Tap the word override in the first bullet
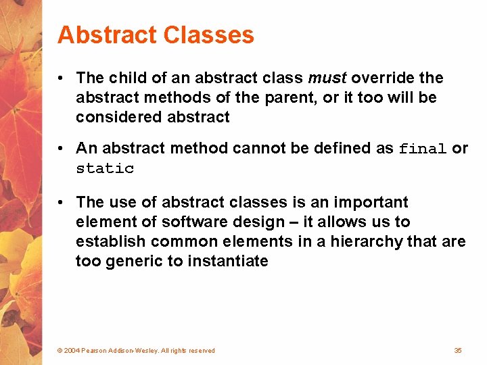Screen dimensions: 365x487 coord(386,78)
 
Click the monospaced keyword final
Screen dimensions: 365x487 coord(423,149)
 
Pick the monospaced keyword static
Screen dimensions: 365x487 coord(105,168)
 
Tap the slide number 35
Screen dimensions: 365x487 coord(458,350)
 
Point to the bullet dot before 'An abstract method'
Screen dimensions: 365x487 coord(62,148)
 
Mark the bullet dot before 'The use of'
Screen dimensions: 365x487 coord(62,202)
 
